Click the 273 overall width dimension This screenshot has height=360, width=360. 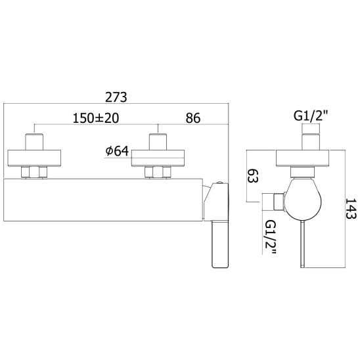116,97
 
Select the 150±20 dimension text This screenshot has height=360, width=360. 96,118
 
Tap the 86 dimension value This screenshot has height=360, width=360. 193,118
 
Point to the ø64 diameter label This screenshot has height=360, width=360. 117,151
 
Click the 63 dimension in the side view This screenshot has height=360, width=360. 252,175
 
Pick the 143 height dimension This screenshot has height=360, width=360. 351,209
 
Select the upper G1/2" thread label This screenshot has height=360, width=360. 311,116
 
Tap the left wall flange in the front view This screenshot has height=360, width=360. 34,158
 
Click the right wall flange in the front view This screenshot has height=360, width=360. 158,158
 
